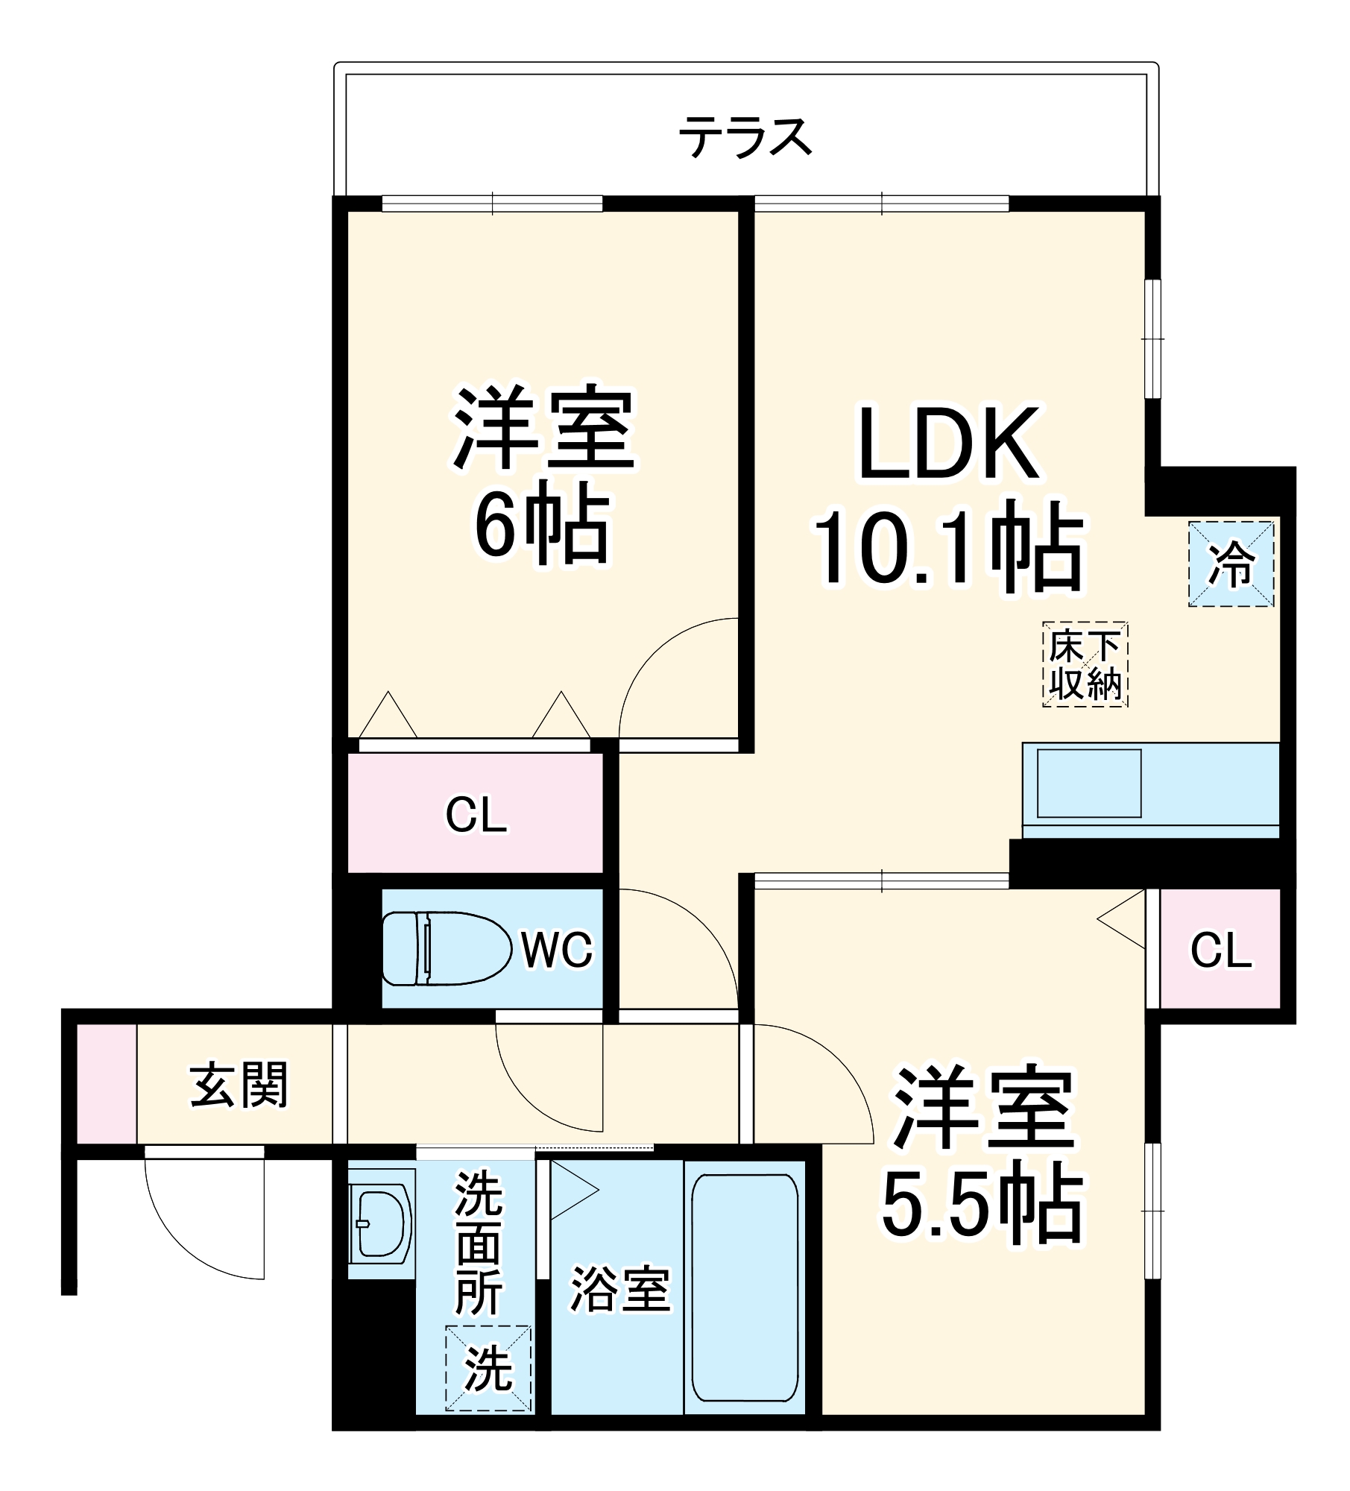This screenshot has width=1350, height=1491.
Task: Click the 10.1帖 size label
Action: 948,546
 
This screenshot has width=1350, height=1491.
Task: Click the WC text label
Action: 556,950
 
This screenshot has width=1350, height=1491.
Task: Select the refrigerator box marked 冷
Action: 1231,564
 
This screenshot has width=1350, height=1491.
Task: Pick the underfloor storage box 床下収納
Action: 1085,664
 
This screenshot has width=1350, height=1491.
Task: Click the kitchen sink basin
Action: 1088,783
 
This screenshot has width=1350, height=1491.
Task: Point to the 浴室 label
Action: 620,1289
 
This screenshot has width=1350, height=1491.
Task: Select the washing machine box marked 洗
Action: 488,1368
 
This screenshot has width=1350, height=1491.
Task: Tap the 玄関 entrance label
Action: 239,1085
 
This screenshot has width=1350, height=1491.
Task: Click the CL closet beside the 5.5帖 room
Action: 1220,950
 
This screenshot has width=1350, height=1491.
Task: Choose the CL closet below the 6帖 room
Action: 476,814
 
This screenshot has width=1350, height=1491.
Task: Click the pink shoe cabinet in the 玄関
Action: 107,1084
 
